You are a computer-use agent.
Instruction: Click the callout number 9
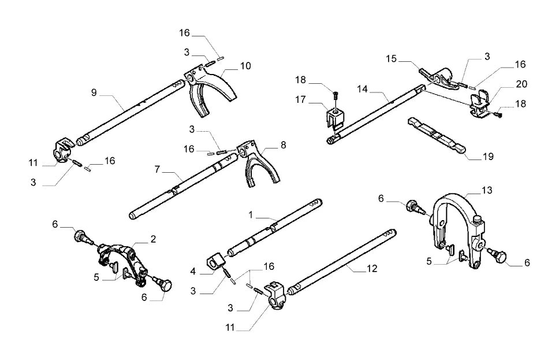coord(94,93)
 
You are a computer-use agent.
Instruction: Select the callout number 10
coord(245,66)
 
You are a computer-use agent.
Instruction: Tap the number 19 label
coord(488,156)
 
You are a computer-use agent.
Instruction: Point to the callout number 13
coord(487,190)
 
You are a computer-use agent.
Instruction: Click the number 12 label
coord(371,268)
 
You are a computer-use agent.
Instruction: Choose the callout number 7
coord(157,169)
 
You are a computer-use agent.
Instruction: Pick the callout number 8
coord(283,145)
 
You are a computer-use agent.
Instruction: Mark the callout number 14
coord(362,89)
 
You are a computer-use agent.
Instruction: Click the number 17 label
coord(300,99)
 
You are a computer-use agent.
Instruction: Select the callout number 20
coord(521,84)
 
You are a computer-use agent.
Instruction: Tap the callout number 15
coord(391,58)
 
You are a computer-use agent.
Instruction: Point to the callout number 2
coord(153,239)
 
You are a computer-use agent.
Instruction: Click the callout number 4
coord(193,272)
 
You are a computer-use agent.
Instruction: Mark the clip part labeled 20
coord(479,103)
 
